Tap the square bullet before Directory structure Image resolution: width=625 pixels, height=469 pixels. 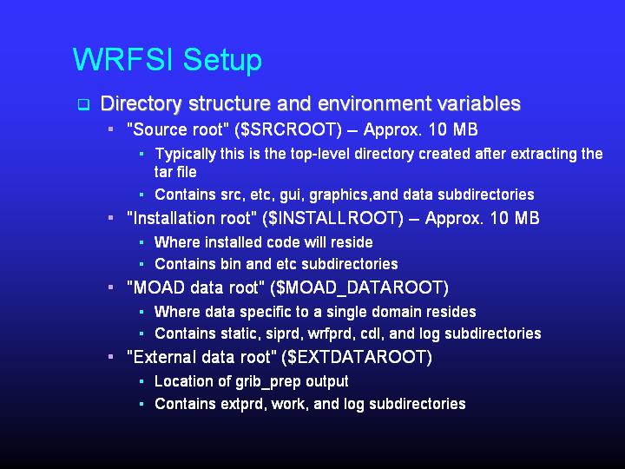(83, 105)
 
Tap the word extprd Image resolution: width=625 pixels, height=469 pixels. (232, 404)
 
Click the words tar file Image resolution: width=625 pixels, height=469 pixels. (175, 172)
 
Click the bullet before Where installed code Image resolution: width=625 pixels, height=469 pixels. (141, 242)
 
